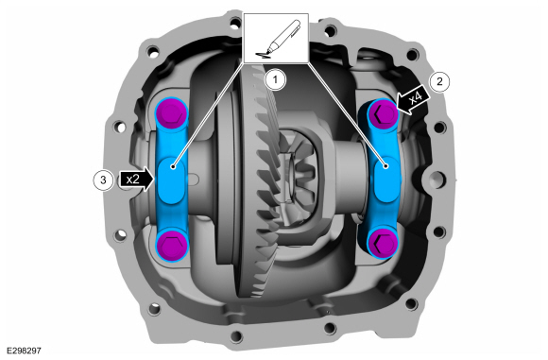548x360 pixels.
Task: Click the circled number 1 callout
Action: [x=275, y=79]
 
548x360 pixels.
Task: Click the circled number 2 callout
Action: [x=439, y=82]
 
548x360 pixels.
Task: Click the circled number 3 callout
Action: [x=103, y=180]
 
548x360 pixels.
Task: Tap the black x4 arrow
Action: [x=413, y=100]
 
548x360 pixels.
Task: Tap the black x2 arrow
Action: [x=136, y=180]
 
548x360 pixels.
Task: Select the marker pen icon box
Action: [x=276, y=38]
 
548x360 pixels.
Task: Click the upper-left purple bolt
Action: [x=171, y=112]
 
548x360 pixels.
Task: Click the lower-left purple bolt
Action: [x=171, y=244]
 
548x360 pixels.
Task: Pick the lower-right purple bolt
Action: [x=383, y=243]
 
